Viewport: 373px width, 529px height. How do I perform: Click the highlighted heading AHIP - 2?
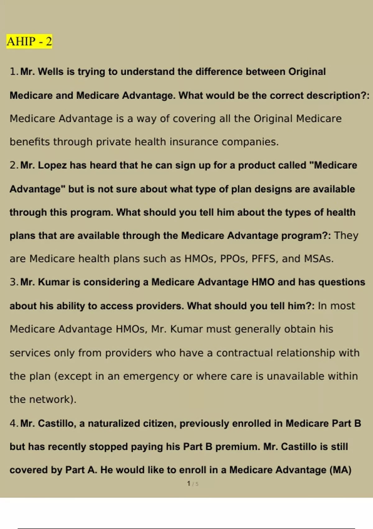(29, 41)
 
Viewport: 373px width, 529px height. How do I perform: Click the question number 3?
(13, 282)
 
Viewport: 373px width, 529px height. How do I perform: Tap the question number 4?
(13, 424)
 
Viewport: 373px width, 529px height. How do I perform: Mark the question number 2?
(13, 165)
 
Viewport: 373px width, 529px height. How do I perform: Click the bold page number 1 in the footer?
(189, 484)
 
